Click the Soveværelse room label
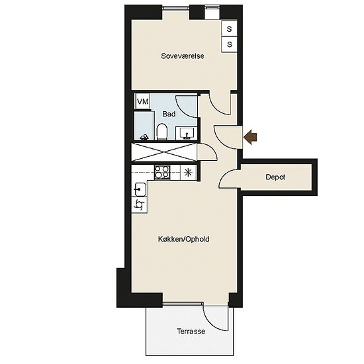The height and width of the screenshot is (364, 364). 183,56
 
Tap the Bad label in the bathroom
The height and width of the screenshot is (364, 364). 169,114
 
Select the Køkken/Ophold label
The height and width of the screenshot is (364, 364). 183,239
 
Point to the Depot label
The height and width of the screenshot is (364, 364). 275,177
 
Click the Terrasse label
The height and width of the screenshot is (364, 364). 191,331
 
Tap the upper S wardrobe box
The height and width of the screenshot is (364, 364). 229,28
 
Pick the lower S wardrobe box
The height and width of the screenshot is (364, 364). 229,44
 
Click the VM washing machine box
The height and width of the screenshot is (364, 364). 142,101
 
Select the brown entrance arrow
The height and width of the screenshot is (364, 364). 250,137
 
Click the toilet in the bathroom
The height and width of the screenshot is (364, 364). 162,132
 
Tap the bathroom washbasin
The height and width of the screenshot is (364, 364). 187,134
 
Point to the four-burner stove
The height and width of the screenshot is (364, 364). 162,172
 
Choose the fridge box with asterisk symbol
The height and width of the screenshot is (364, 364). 188,173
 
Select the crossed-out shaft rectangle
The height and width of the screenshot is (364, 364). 164,152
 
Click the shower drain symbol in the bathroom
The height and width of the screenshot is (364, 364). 144,137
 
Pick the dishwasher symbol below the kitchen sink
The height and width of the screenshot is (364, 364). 139,205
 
